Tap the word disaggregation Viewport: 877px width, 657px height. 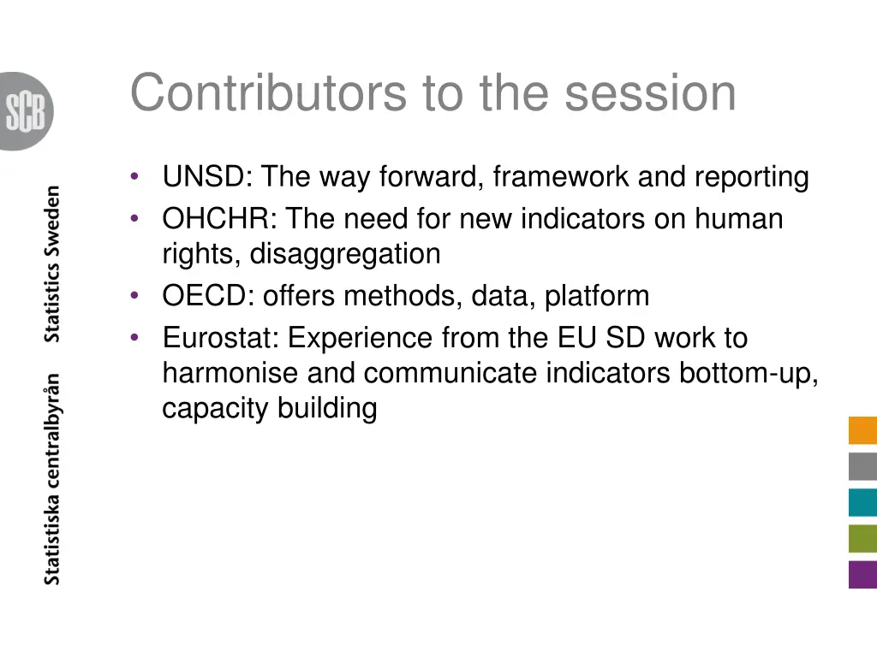(x=345, y=254)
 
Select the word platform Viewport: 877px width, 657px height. (x=597, y=297)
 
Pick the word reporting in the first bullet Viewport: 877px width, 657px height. (x=751, y=178)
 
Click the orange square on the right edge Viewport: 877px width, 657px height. (x=862, y=430)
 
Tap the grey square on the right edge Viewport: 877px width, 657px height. (x=862, y=466)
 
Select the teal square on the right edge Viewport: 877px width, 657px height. (x=862, y=502)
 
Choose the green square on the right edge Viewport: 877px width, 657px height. (x=862, y=538)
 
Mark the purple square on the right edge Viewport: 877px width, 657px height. (x=862, y=574)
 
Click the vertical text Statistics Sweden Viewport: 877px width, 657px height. (x=53, y=263)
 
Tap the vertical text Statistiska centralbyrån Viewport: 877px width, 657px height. (x=53, y=479)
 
